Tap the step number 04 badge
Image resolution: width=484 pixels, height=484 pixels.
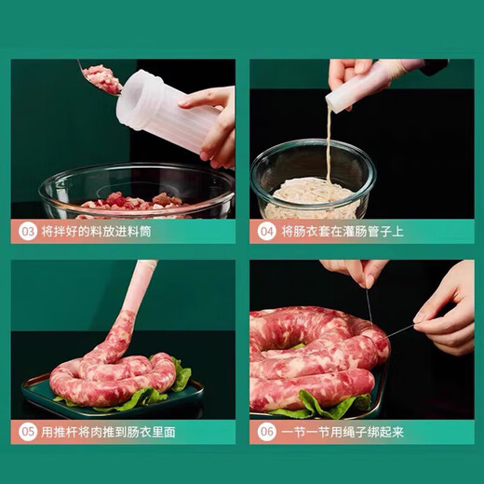pyautogui.click(x=266, y=230)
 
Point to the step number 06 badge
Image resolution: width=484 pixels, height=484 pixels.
pyautogui.click(x=266, y=432)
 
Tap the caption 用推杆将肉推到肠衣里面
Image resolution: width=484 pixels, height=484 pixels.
pyautogui.click(x=109, y=432)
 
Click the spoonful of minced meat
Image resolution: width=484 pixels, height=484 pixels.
pyautogui.click(x=102, y=79)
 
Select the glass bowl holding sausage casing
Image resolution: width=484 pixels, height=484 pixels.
pyautogui.click(x=312, y=181)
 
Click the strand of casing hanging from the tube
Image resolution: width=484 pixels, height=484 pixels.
pyautogui.click(x=329, y=149)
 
